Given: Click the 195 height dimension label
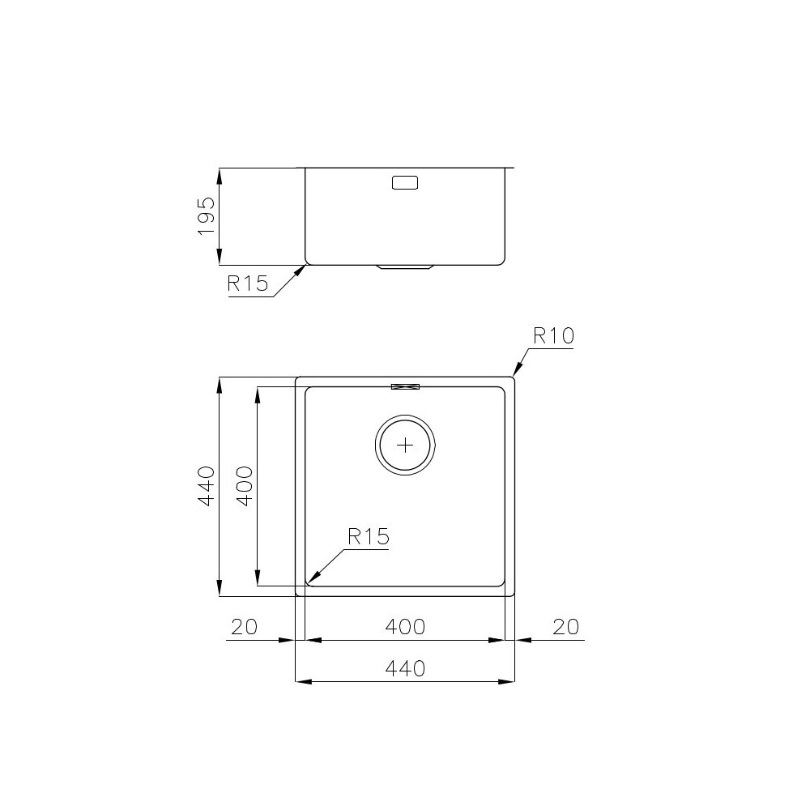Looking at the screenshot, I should pos(207,216).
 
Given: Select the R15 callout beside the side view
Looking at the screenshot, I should pos(247,283).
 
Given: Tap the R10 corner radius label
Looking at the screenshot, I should pos(553,335).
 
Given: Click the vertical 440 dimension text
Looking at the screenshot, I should pos(207,486).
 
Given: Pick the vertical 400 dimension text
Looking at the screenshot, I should pos(245,486).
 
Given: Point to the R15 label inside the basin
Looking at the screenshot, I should pos(369,535).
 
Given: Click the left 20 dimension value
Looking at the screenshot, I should pos(244,627).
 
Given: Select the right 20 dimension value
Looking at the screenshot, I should pos(565,627).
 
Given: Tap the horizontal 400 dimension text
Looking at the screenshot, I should pos(405,627).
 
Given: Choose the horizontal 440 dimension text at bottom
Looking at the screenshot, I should pos(405,668).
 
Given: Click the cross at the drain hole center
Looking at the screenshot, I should pos(405,445).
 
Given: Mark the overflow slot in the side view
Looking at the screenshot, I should pos(405,183).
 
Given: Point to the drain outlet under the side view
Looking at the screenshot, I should pos(405,267).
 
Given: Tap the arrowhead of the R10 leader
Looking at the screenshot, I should pos(515,373).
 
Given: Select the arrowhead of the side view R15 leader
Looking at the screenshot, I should pos(301,271).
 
